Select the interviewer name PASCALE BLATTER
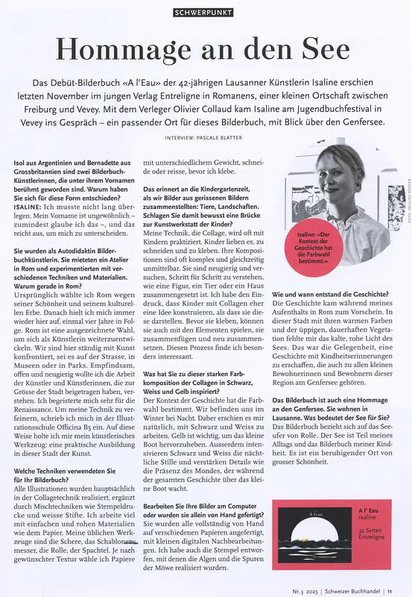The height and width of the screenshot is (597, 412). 223,137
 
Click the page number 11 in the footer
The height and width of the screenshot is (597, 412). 390,588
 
